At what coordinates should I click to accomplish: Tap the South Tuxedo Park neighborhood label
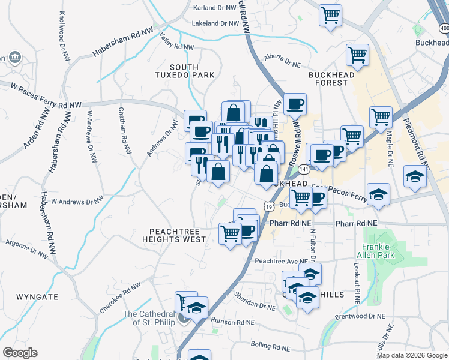click(x=192, y=71)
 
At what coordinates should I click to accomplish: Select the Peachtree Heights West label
click(x=174, y=235)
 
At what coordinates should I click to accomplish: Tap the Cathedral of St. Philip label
click(x=149, y=318)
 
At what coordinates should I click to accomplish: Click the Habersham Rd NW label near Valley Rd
click(x=123, y=42)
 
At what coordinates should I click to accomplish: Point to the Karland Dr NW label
click(x=215, y=8)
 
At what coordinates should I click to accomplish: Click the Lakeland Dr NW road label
click(x=215, y=23)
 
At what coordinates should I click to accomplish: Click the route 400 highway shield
click(x=444, y=28)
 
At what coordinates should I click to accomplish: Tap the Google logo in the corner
click(x=20, y=353)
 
